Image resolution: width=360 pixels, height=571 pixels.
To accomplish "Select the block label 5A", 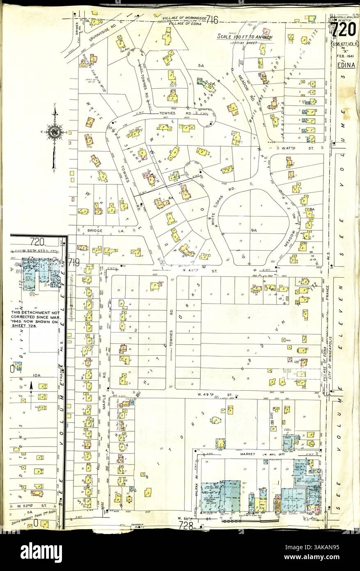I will coord(201,65).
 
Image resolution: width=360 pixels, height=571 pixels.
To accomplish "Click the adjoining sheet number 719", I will coord(74,262).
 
